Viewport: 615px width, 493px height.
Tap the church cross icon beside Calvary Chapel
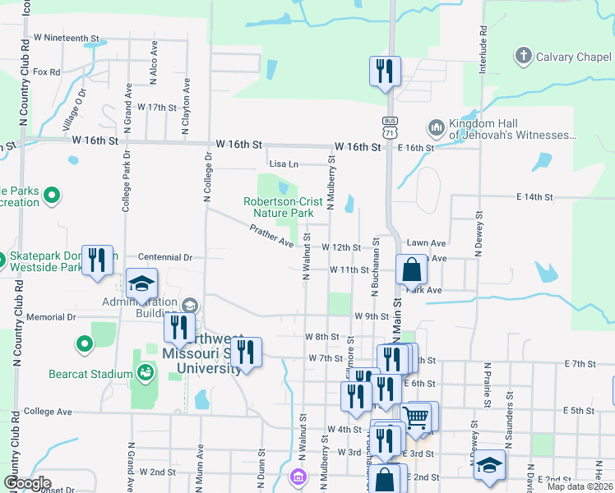tap(522, 56)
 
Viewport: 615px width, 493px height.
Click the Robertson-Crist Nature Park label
tap(279, 207)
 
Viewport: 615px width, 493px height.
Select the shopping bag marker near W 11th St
tap(410, 269)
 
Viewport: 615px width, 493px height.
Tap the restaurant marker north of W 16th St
tap(384, 71)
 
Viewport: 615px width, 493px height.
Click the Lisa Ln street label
tap(282, 164)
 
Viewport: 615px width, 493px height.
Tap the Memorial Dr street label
tap(51, 317)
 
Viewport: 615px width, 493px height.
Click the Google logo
tap(27, 483)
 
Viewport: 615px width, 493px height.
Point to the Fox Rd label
tap(47, 72)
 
